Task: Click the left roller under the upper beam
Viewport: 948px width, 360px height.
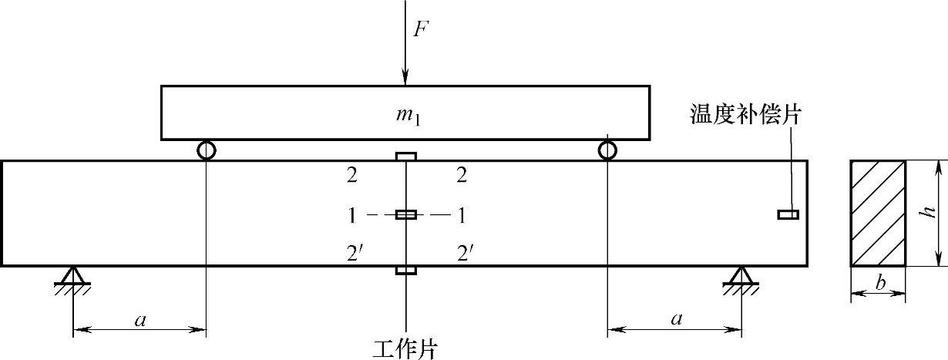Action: point(207,150)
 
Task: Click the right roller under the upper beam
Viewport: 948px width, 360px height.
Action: point(607,150)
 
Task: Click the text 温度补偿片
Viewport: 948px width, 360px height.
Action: point(747,116)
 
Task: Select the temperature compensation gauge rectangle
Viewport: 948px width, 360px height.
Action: point(788,214)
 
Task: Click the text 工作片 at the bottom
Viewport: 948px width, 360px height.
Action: point(405,348)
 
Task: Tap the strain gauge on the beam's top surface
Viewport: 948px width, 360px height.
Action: point(406,156)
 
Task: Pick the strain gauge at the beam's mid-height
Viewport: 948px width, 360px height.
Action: point(406,214)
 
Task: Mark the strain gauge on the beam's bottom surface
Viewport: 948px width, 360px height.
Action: point(406,271)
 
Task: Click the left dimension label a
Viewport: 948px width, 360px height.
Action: point(140,320)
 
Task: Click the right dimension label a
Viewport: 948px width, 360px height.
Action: point(676,320)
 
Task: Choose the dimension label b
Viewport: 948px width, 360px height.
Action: point(879,283)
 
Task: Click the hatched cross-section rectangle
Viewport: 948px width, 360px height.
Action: point(878,214)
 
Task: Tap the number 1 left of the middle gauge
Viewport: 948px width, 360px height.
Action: point(351,215)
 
